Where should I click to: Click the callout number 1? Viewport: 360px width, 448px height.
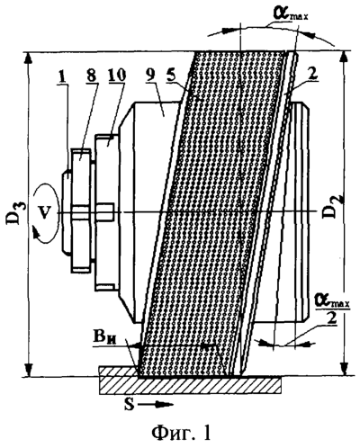tap(63, 77)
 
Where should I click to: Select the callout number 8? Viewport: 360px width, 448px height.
tap(90, 75)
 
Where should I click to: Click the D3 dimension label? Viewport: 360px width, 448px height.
tap(13, 213)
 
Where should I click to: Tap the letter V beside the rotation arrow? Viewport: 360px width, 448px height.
tap(44, 213)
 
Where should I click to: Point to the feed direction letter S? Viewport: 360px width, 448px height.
tap(130, 405)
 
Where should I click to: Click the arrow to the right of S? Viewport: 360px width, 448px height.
tap(156, 405)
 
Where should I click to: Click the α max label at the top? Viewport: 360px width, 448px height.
tap(290, 13)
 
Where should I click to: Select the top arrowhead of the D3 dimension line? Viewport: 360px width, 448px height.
tap(28, 58)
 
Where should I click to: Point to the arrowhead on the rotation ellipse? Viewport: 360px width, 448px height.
tap(36, 234)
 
